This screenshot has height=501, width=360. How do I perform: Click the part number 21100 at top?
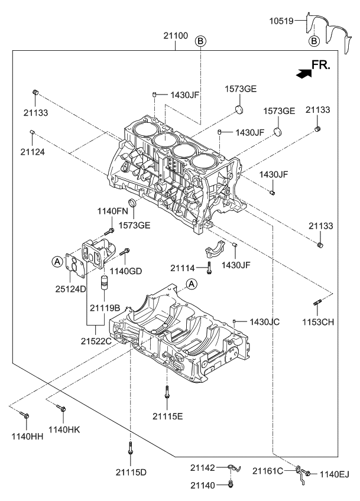pyautogui.click(x=176, y=36)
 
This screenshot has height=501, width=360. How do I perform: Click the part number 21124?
pyautogui.click(x=33, y=151)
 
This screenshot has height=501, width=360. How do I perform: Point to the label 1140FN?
pyautogui.click(x=112, y=211)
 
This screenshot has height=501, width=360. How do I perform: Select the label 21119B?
pyautogui.click(x=105, y=308)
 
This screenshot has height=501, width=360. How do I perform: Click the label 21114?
pyautogui.click(x=183, y=268)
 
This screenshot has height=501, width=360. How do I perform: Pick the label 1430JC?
pyautogui.click(x=264, y=322)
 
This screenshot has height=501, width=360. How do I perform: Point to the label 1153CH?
pyautogui.click(x=319, y=323)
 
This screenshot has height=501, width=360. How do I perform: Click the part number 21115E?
pyautogui.click(x=168, y=416)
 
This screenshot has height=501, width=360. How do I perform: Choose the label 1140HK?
pyautogui.click(x=64, y=430)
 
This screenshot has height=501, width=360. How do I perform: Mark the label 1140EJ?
pyautogui.click(x=335, y=473)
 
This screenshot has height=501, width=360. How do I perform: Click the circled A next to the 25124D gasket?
pyautogui.click(x=57, y=261)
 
